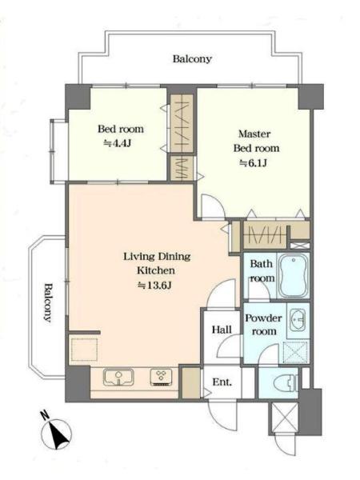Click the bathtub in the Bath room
tap(294, 275)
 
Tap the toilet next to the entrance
tap(286, 383)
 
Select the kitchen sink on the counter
tap(118, 377)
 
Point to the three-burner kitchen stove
tap(161, 377)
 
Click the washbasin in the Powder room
tap(297, 320)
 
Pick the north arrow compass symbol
tap(56, 432)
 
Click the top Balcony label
tap(192, 58)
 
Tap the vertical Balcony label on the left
tap(48, 302)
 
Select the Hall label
tap(222, 330)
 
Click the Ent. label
tap(222, 382)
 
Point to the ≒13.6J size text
tap(154, 286)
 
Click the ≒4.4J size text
tap(118, 143)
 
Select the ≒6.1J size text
tap(253, 163)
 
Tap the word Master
tap(254, 134)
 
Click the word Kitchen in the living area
tap(156, 270)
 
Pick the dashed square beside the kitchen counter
tap(84, 350)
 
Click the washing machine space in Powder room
tap(295, 353)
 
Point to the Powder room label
tap(263, 325)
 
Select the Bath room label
tap(262, 271)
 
